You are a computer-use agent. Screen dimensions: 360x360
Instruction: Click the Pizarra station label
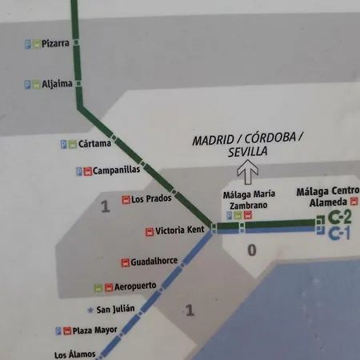pos(54,44)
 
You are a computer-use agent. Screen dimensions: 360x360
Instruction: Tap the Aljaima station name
pos(57,83)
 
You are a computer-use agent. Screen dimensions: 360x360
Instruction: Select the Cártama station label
pos(96,144)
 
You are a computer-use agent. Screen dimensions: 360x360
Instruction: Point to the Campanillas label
pos(117,170)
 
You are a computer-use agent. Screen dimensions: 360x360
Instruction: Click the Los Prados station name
pos(149,199)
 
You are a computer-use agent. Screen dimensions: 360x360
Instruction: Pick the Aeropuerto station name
pos(134,286)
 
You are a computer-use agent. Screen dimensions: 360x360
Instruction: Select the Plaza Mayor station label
pos(95,330)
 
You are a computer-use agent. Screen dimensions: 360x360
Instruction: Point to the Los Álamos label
pos(75,354)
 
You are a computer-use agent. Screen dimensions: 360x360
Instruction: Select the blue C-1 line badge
pos(340,234)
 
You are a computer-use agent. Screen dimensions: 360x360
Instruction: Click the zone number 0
pos(251,251)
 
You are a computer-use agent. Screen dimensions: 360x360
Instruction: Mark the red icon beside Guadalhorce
pos(125,262)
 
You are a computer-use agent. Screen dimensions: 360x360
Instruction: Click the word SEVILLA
pos(247,151)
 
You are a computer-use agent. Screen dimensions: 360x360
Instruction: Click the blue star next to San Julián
pos(89,310)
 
